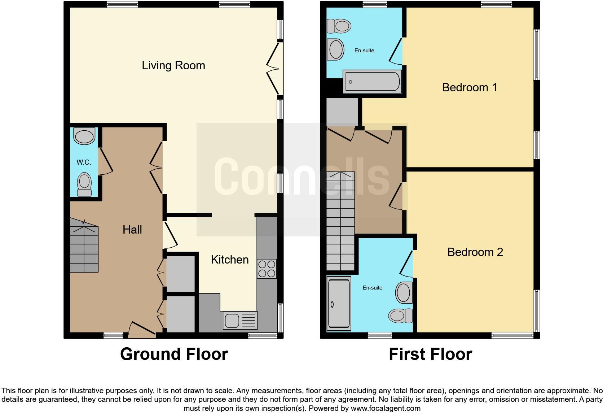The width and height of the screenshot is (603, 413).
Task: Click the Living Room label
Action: point(173,65)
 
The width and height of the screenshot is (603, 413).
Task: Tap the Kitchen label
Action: point(230,260)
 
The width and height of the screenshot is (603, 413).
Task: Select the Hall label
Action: point(132,230)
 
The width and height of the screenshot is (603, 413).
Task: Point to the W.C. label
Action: point(84,162)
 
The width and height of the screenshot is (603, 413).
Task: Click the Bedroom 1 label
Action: point(470,87)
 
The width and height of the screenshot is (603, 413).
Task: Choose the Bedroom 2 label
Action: point(475,252)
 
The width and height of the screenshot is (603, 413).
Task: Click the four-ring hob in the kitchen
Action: point(267,269)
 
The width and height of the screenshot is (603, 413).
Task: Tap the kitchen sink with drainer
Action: point(240,320)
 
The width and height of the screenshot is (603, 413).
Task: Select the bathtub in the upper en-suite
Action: point(373,81)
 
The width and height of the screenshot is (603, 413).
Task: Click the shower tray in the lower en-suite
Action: point(339,304)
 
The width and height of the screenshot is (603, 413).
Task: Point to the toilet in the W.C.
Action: point(84,184)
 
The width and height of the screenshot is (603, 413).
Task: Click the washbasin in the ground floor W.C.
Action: point(84,136)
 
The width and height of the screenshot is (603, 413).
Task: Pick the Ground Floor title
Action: point(174,354)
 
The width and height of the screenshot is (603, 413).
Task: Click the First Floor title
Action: point(430,354)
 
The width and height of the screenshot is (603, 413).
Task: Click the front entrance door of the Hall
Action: point(142,329)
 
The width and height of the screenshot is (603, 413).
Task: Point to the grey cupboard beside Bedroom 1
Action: point(342,112)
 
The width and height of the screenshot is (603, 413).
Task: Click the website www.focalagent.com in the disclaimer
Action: point(385,408)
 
